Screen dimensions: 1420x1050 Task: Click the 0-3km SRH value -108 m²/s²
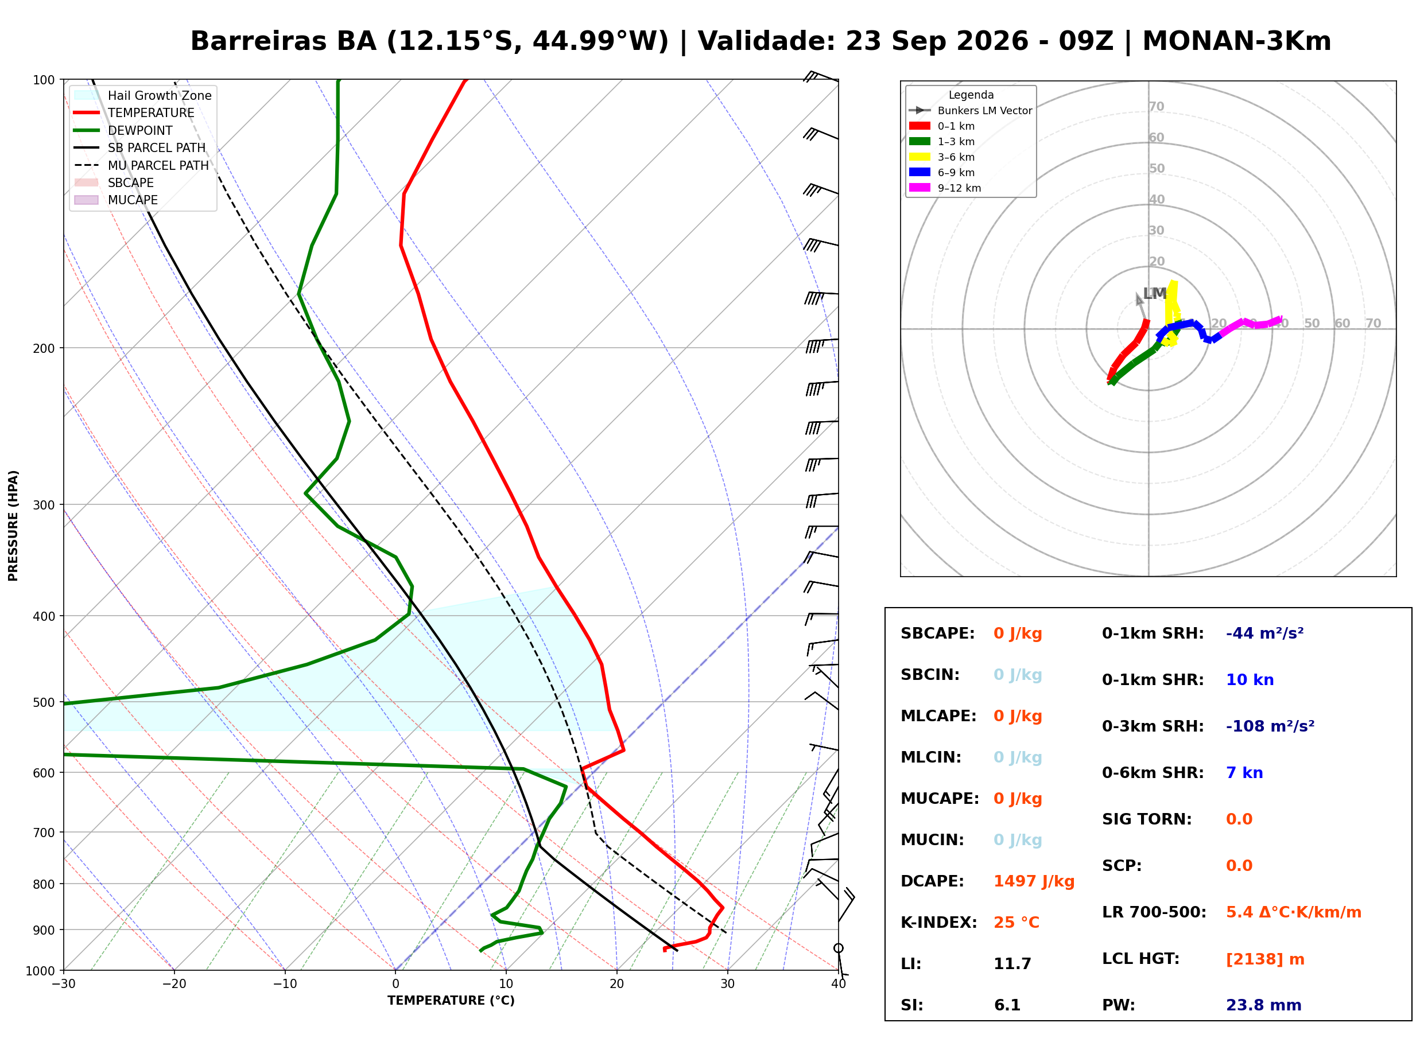coord(1270,726)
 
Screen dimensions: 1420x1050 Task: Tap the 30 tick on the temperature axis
coord(728,984)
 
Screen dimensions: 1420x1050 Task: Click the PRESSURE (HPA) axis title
coord(13,526)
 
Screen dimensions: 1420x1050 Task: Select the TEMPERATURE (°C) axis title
coord(451,1001)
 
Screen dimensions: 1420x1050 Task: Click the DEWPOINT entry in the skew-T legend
coord(140,130)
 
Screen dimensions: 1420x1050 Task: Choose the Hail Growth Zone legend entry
coord(160,95)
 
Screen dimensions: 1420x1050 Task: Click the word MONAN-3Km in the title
coord(1236,41)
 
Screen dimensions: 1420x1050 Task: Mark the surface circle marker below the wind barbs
coord(839,948)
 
